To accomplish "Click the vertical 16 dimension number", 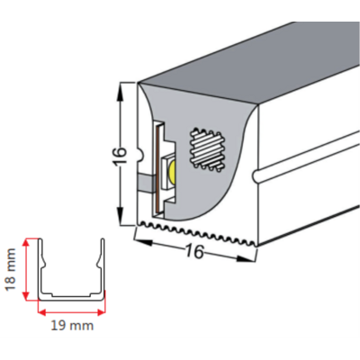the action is point(120,156).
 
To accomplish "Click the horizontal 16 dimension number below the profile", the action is point(194,251).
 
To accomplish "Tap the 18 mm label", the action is point(11,269).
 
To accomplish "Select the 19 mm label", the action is point(72,326).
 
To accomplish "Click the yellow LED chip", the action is point(172,172).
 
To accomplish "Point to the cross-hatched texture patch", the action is point(207,149).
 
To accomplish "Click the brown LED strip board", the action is point(156,168).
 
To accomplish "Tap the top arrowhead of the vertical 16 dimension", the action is point(120,90).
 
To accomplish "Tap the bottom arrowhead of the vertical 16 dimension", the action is point(120,216).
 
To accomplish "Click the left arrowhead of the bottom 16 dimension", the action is point(143,242).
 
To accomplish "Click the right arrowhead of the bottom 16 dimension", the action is point(247,258).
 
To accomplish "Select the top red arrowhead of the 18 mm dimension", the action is point(27,243).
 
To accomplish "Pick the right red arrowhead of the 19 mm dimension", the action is point(102,312).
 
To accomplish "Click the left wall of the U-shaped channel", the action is point(41,267).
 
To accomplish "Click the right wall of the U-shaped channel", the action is point(102,267).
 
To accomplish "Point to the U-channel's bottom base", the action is point(72,297).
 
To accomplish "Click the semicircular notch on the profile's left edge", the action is point(140,154).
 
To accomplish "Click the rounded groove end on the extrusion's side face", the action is point(256,176).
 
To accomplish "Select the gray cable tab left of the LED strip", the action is point(146,182).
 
